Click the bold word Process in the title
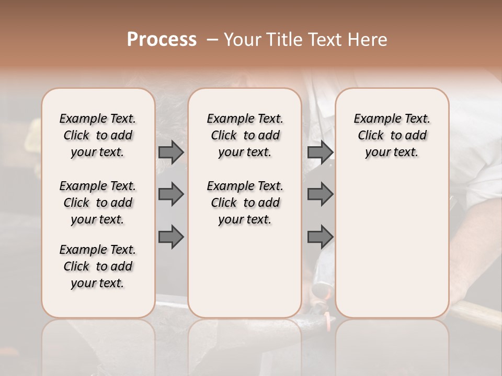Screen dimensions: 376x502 point(162,40)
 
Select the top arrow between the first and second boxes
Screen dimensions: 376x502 point(171,152)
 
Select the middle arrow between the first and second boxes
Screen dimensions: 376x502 point(171,194)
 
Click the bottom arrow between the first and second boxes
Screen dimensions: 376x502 point(171,237)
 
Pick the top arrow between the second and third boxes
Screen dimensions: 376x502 point(320,152)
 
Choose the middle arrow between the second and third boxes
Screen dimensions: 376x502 point(320,194)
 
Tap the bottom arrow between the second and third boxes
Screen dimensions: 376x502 point(320,237)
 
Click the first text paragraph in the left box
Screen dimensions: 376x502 point(98,135)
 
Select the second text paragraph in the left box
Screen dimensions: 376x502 point(98,203)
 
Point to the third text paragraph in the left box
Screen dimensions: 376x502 point(98,266)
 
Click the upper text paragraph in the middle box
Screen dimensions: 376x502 point(245,135)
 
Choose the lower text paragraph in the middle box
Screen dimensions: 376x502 point(245,203)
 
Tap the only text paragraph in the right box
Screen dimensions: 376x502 point(392,135)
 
